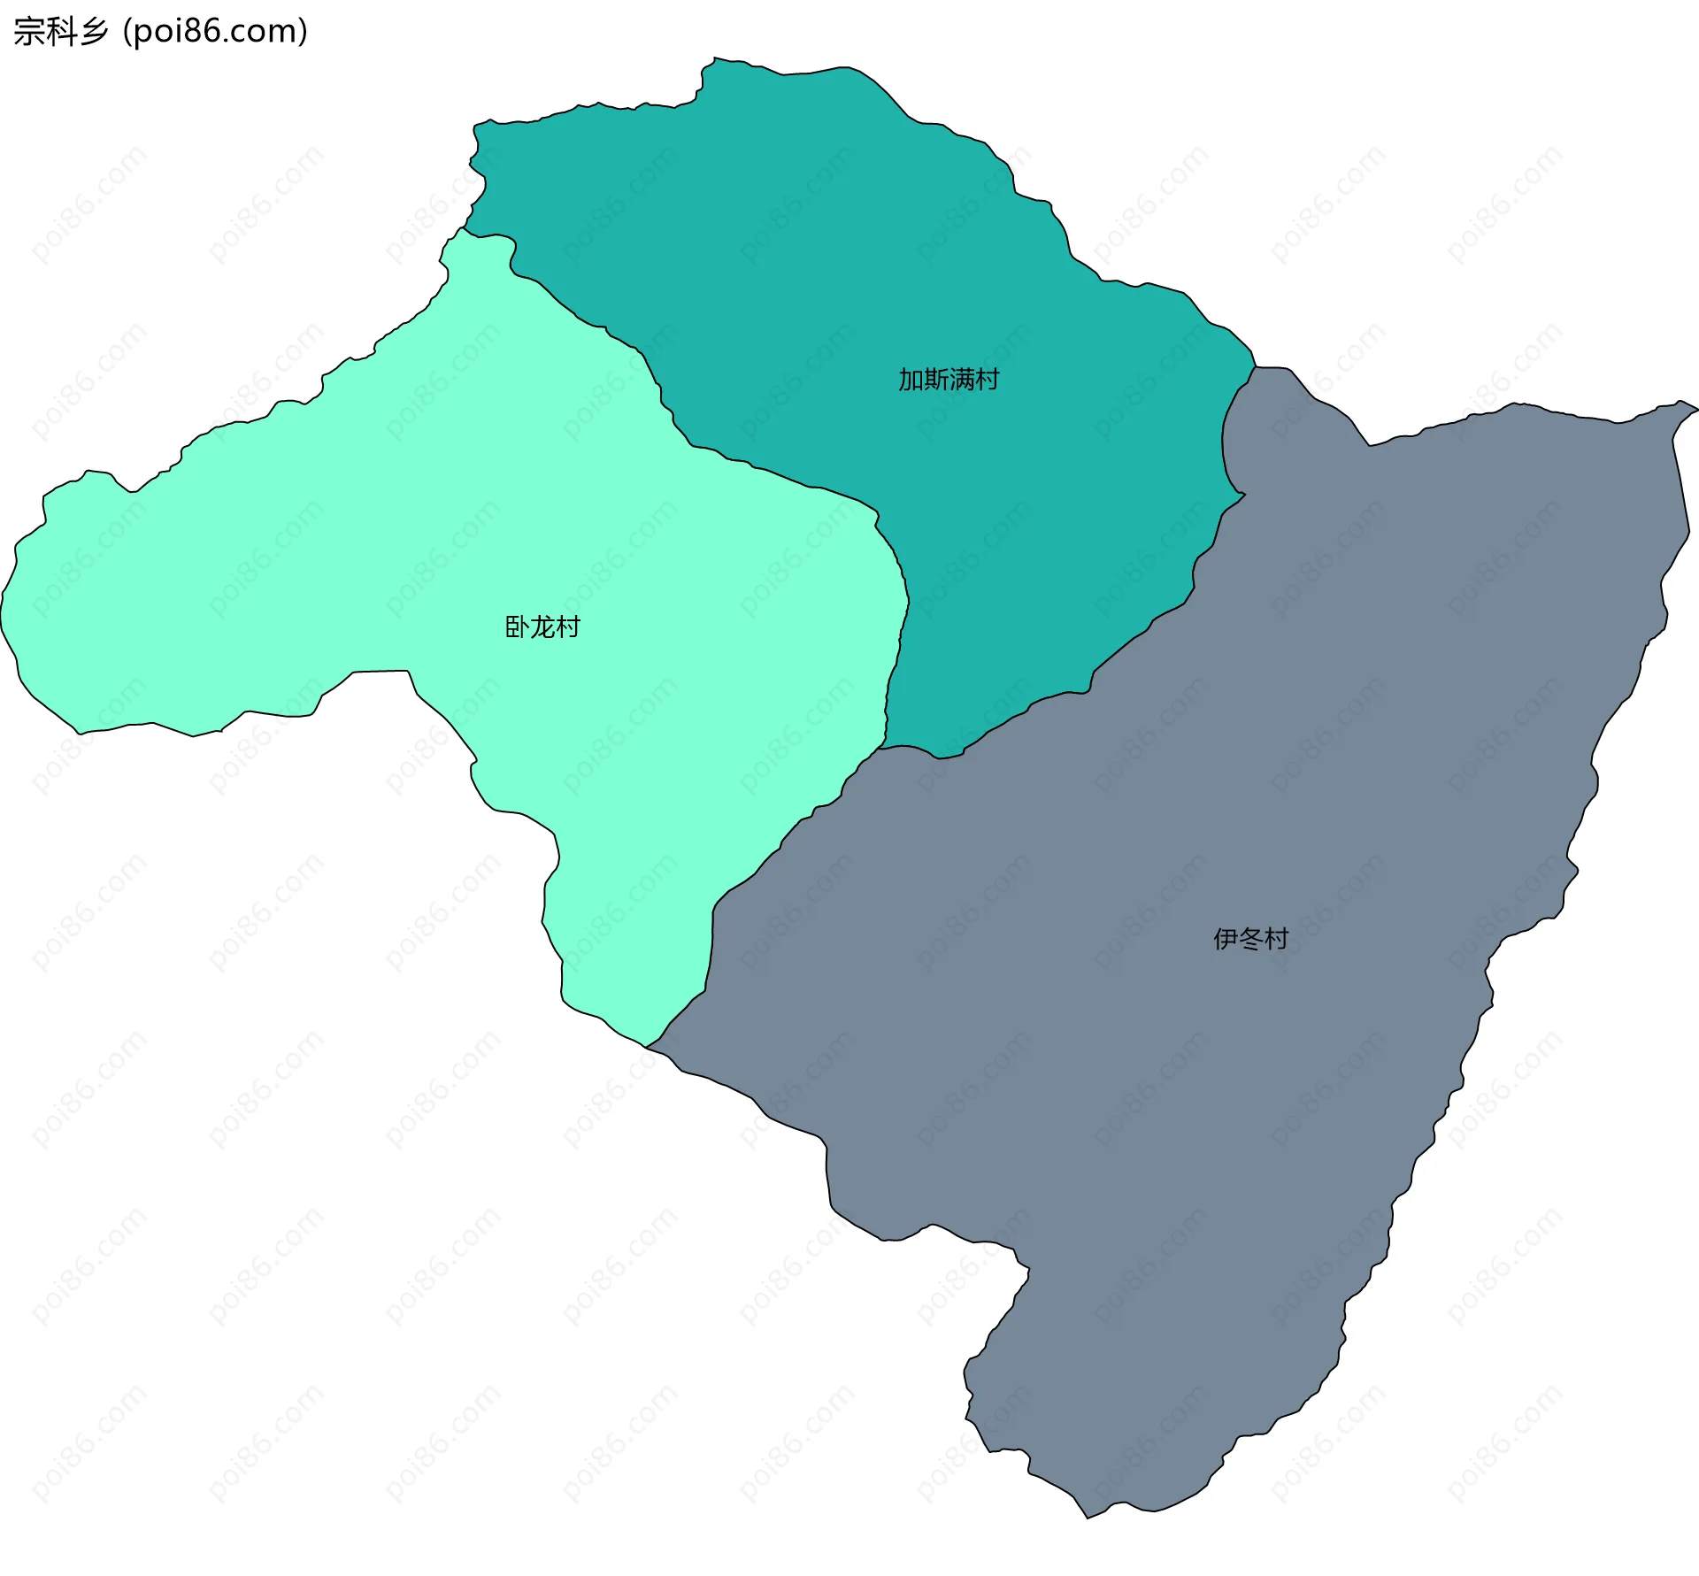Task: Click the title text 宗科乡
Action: [x=60, y=32]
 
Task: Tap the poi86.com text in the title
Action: [x=215, y=32]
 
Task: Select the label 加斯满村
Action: [x=949, y=380]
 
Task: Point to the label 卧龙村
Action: [x=542, y=627]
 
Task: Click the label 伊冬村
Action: [x=1250, y=939]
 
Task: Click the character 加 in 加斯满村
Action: [x=911, y=380]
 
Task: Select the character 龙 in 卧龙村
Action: [x=542, y=627]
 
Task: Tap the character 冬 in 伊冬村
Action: [x=1250, y=939]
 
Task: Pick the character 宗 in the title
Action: [x=28, y=32]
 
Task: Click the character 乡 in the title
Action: [x=93, y=32]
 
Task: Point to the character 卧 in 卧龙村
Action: [x=517, y=627]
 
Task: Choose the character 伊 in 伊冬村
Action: [x=1225, y=939]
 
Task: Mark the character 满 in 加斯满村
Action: [x=962, y=380]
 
